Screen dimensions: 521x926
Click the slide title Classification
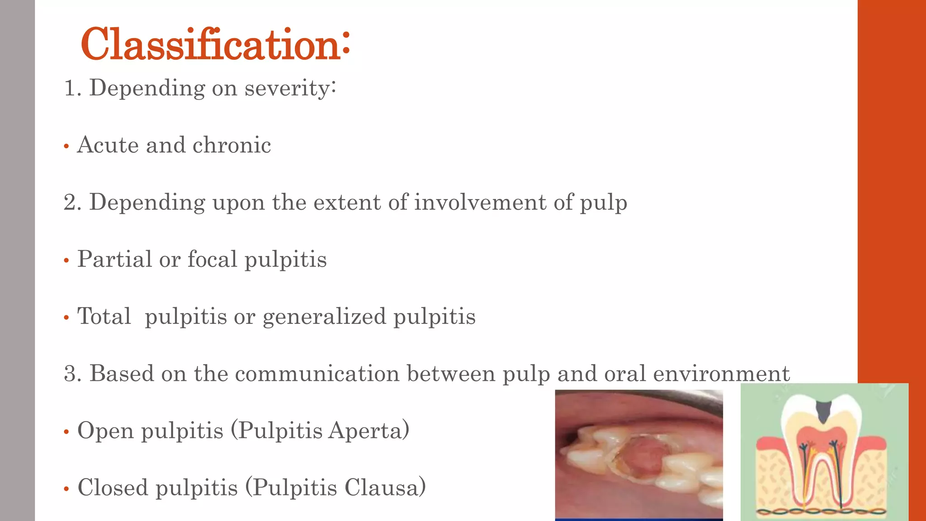215,44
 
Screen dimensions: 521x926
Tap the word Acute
108,145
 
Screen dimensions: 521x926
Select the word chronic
231,145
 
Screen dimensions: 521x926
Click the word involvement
480,202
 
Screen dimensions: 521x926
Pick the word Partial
114,259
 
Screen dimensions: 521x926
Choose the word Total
104,316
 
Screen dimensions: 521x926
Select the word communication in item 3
317,374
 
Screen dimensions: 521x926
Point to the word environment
721,374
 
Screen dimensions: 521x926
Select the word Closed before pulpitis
113,488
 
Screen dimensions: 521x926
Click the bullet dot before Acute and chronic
66,147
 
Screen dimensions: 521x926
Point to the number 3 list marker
70,374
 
